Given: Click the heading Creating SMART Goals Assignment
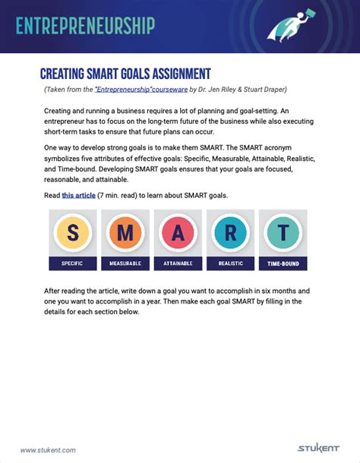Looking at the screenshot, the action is click(125, 74).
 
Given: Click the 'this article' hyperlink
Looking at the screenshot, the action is click(78, 196).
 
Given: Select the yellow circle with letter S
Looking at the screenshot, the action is click(72, 233).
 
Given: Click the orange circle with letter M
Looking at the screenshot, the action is click(125, 233).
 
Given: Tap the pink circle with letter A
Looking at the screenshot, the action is click(177, 233).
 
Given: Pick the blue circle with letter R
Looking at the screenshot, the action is click(229, 233).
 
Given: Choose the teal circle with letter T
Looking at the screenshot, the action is click(283, 233).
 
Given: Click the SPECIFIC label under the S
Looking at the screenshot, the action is click(72, 263).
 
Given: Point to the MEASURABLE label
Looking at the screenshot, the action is click(125, 263).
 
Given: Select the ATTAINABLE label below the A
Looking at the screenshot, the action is click(177, 263).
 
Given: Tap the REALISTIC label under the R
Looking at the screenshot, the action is click(229, 263).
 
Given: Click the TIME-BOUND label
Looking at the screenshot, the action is click(283, 263).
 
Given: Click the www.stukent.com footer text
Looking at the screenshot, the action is click(47, 449).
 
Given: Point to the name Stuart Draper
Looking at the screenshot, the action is click(264, 90).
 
